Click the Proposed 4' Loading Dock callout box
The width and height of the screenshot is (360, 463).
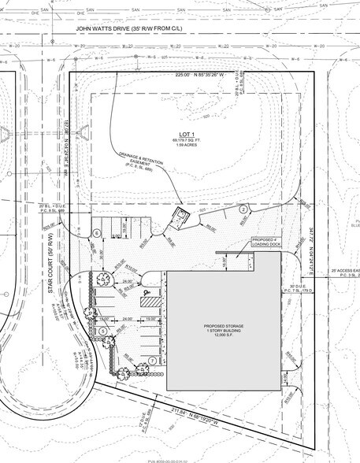tap(265, 242)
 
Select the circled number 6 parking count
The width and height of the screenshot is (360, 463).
tap(97, 233)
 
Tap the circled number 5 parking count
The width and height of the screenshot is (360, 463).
tap(102, 332)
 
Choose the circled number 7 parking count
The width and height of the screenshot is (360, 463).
tap(150, 361)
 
